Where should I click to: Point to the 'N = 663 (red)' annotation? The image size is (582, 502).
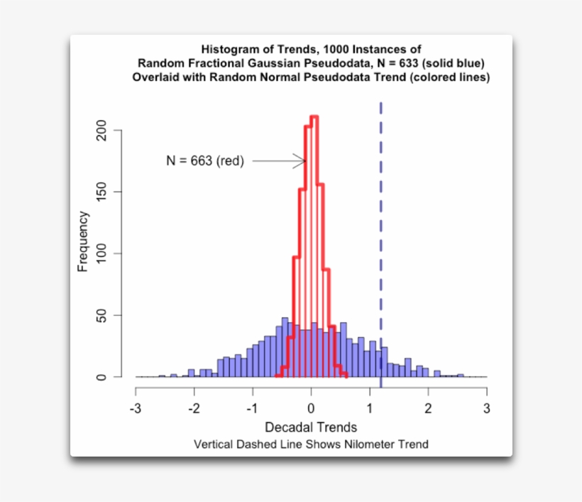(205, 161)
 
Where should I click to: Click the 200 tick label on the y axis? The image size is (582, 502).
(101, 131)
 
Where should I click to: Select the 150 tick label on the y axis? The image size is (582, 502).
(101, 192)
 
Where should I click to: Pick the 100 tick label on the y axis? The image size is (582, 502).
(101, 253)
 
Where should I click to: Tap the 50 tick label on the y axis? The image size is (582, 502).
(101, 315)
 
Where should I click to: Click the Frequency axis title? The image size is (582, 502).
(84, 241)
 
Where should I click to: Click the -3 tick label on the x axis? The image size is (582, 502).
(134, 409)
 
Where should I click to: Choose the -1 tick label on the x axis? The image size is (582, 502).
(251, 409)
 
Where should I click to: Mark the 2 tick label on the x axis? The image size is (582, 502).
(428, 409)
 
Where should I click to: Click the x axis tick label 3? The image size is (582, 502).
(486, 409)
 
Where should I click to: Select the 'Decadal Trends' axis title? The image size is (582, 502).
(310, 427)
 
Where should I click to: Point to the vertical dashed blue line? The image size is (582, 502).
(381, 213)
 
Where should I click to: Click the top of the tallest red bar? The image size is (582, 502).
(314, 116)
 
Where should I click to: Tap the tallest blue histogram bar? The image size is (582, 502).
(285, 347)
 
